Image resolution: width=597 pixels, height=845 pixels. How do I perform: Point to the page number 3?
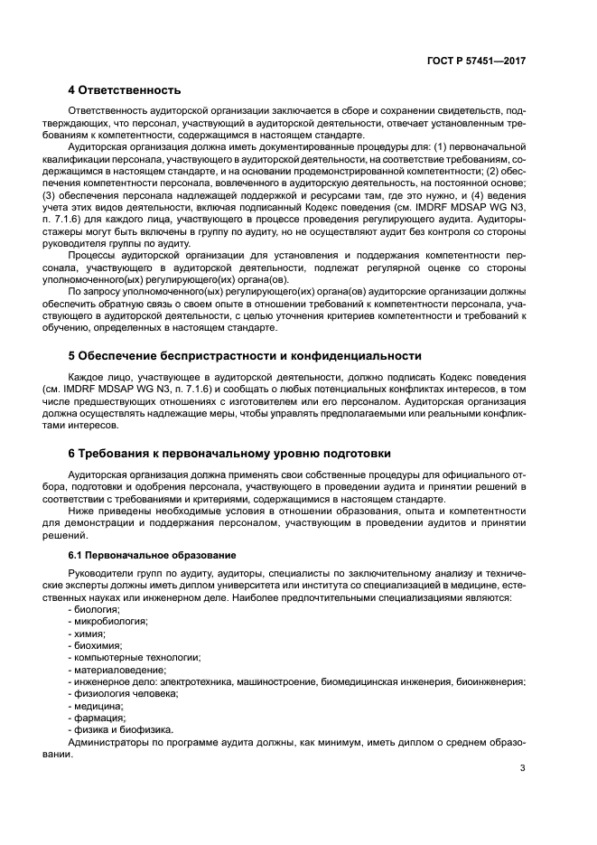[522, 769]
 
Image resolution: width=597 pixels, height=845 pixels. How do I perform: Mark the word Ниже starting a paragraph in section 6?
[82, 509]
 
